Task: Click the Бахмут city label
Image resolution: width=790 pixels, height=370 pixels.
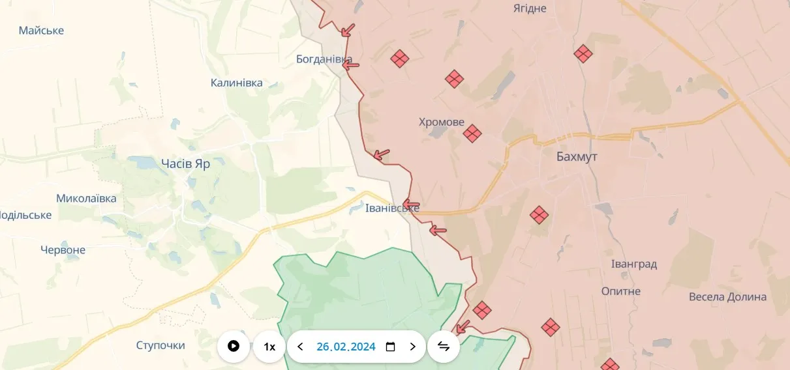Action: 577,157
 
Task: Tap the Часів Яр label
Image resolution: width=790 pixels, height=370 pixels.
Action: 185,164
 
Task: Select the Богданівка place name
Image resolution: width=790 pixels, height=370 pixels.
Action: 324,59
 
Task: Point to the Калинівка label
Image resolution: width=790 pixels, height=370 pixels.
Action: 237,83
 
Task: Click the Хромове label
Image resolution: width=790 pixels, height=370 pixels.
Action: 442,122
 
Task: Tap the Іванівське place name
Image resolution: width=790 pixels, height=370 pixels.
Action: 392,208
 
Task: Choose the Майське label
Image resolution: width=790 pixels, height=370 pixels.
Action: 41,31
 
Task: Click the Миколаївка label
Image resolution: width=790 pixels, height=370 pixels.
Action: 86,199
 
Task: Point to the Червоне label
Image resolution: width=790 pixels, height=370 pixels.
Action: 63,250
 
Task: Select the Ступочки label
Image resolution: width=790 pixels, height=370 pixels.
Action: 160,345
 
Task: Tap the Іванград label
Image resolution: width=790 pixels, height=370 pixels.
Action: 633,264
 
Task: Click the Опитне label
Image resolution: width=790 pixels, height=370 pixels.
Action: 621,291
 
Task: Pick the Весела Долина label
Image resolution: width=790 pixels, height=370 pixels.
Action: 727,297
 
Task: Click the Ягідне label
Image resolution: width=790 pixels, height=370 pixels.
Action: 529,8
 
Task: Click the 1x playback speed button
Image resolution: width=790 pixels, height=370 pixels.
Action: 269,347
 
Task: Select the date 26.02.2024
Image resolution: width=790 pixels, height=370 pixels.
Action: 346,347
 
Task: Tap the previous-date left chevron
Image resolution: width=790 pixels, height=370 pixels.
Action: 300,347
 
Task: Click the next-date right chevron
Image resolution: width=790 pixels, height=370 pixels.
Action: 412,347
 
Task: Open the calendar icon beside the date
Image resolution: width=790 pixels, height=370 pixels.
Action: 390,347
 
